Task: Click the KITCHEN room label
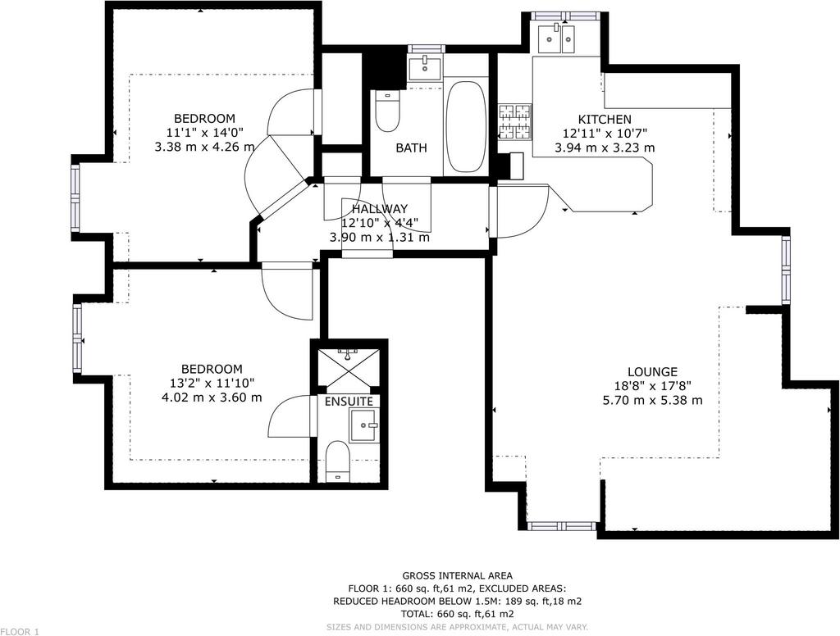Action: click(605, 120)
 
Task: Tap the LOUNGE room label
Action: click(652, 371)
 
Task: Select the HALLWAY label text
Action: click(380, 209)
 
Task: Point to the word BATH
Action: click(412, 148)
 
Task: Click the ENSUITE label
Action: click(349, 402)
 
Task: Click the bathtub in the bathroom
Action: click(466, 127)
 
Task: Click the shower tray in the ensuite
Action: click(348, 368)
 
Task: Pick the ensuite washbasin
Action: click(363, 425)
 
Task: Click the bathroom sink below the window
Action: click(425, 67)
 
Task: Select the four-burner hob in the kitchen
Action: click(515, 121)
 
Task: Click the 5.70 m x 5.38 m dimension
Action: click(652, 400)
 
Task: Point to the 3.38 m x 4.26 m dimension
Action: click(204, 147)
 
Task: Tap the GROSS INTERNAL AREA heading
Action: click(458, 576)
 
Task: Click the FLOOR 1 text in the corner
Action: click(20, 632)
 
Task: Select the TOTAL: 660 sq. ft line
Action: click(458, 614)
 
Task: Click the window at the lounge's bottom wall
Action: click(561, 526)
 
